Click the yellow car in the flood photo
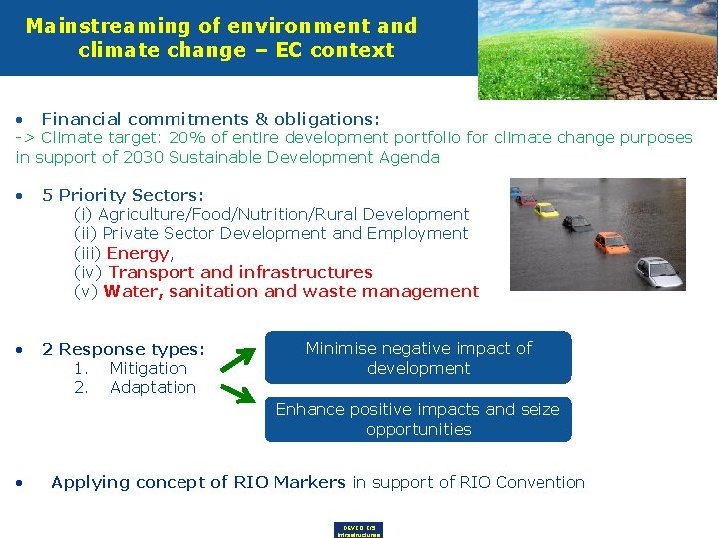tap(545, 210)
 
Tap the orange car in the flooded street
tap(611, 242)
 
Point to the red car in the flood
tap(527, 200)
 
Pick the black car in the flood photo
tap(578, 223)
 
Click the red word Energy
tap(138, 253)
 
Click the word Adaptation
tap(153, 387)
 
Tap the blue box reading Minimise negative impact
tap(419, 358)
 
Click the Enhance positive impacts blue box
tap(419, 419)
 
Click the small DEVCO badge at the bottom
tap(359, 530)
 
